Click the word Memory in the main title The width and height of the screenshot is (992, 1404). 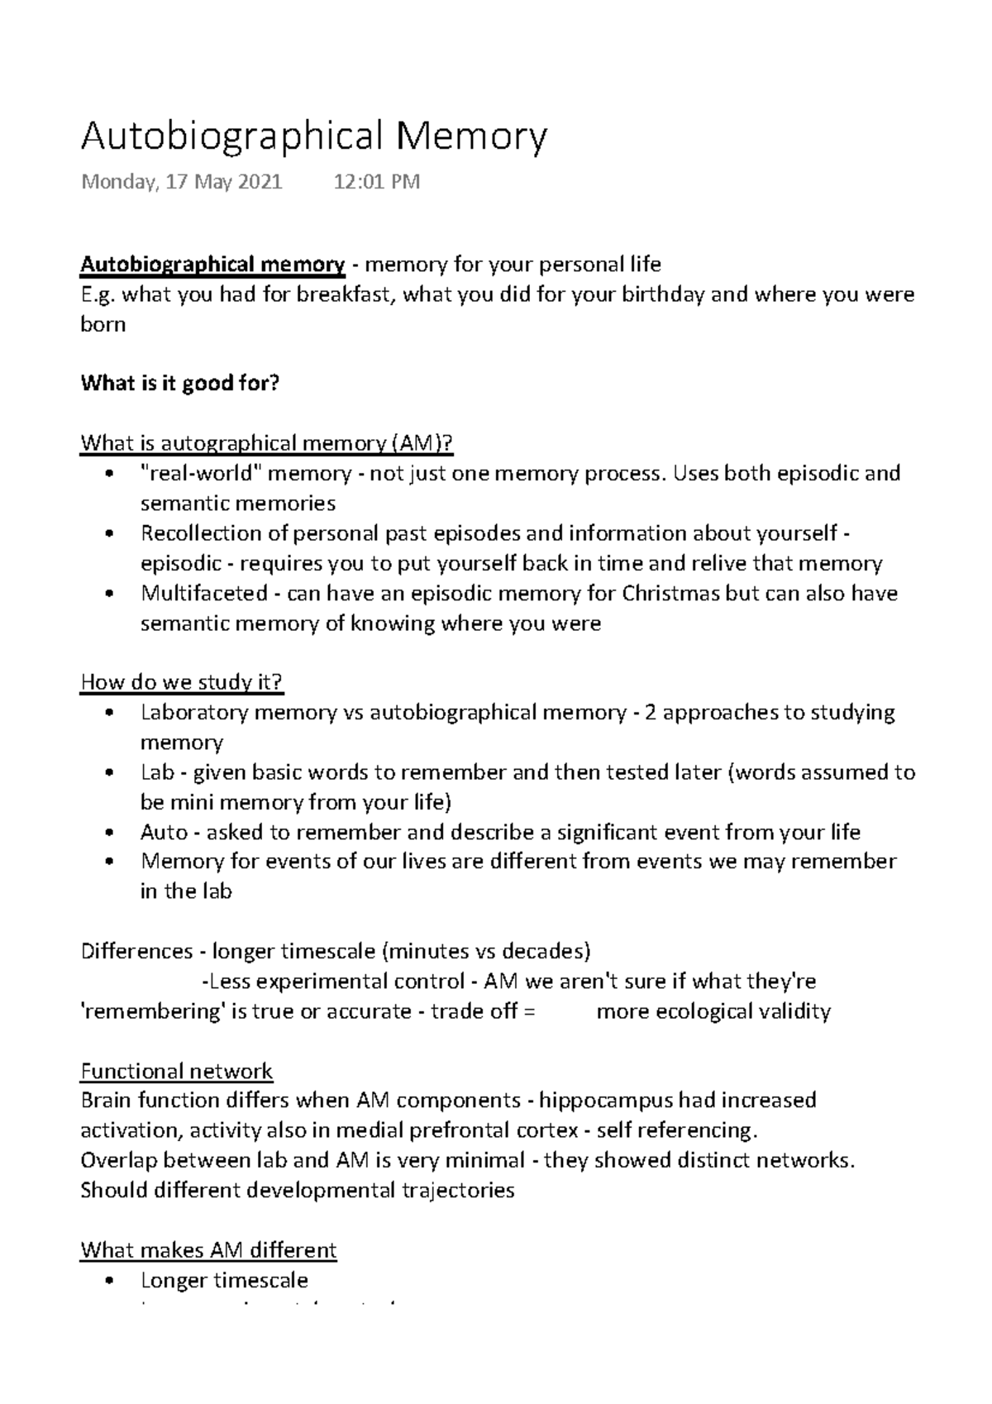pos(470,136)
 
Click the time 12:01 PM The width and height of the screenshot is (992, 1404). pos(376,182)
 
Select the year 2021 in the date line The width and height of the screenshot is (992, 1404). pos(260,182)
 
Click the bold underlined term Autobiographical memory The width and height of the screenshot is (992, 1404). pos(212,265)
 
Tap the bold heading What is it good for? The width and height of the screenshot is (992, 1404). pos(180,384)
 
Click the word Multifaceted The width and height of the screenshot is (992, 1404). pos(204,594)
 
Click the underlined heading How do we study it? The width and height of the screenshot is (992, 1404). pos(182,683)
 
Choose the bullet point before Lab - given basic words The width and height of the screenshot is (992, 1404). pos(109,773)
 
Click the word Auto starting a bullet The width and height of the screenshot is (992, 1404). pos(164,833)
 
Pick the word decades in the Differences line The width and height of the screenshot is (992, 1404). pos(543,952)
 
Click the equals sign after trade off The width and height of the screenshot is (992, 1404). pos(530,1012)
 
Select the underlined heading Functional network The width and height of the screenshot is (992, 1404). pos(176,1072)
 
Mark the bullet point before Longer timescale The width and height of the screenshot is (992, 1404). pos(109,1281)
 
